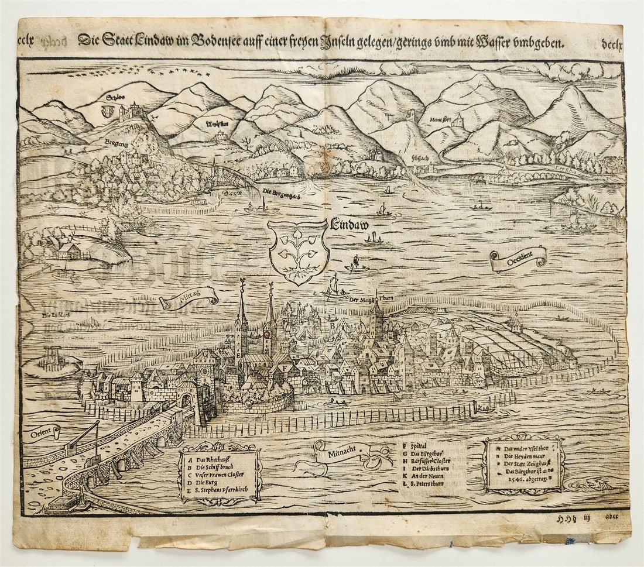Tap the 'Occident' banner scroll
click(x=519, y=259)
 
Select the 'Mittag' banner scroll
click(x=189, y=299)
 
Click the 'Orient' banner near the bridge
click(x=42, y=433)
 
